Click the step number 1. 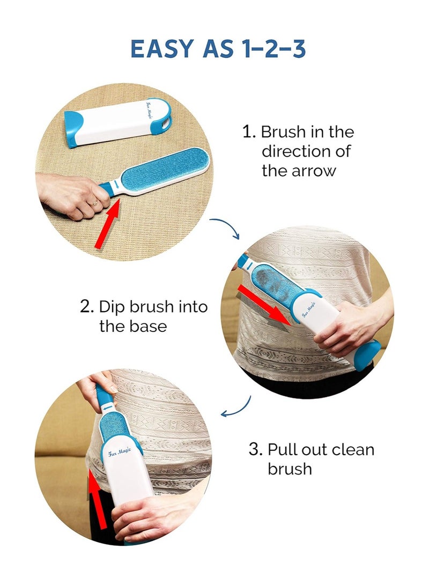(x=248, y=132)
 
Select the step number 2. (x=87, y=307)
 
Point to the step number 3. (x=255, y=449)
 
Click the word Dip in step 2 (x=110, y=307)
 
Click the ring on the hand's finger (x=95, y=204)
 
